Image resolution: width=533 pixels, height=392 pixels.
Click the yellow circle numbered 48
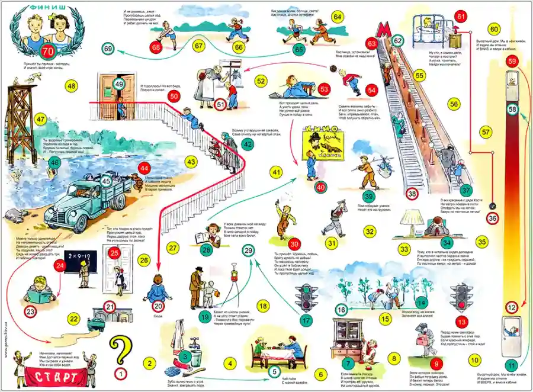pos(72,86)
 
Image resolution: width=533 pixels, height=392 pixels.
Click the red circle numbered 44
pos(143,169)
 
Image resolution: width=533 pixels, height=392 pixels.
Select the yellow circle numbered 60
pos(495,30)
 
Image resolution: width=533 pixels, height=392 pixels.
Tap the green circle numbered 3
pos(185,356)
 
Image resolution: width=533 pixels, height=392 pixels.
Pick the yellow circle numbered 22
pos(73,319)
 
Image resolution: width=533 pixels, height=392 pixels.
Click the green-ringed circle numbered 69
pos(108,49)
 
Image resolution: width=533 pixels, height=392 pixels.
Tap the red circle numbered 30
pos(294,244)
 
